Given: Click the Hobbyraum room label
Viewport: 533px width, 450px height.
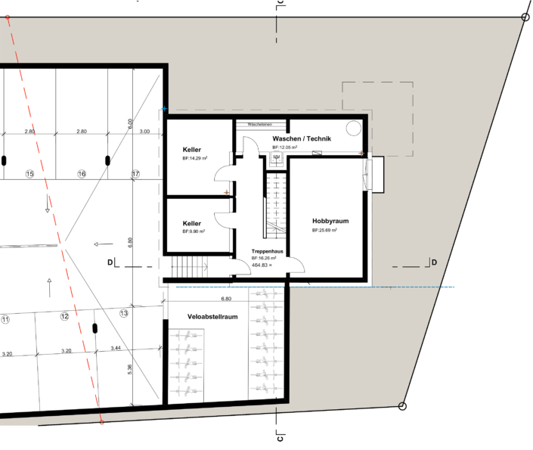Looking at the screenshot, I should point(330,221).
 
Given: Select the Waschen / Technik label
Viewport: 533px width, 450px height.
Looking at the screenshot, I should point(302,138).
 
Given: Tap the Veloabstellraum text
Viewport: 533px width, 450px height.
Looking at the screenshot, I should point(203,317).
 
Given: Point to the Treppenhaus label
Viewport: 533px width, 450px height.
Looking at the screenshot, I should point(268,250).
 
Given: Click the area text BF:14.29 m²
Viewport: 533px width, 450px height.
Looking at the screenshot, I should point(195,160).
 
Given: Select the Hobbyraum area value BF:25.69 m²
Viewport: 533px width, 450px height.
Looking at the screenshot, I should point(324,230).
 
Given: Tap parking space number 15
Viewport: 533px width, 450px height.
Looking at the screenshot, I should point(30,174).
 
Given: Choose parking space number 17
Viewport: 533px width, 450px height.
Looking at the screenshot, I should point(136,174).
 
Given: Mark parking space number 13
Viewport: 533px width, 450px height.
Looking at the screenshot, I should point(124,312).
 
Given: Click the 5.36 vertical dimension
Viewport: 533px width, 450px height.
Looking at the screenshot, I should point(130,369).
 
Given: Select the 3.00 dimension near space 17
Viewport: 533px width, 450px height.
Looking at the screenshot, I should point(146,132).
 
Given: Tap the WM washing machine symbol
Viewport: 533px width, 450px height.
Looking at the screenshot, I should point(274,159).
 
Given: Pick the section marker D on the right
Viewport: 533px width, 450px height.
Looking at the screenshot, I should point(433,262).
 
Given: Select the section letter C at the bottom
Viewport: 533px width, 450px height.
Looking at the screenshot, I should point(279,436).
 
